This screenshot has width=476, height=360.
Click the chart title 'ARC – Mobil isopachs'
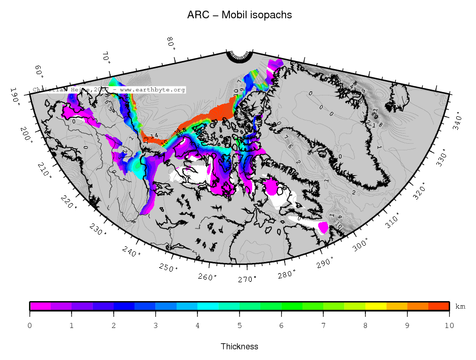(x=240, y=15)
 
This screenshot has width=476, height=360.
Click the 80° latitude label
(x=171, y=44)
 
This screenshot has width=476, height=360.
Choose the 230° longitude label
(x=98, y=230)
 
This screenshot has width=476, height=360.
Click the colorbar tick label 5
(x=240, y=325)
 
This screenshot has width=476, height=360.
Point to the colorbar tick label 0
(x=30, y=325)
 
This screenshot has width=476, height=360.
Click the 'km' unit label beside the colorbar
(x=460, y=306)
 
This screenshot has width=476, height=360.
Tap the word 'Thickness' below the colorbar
(x=240, y=347)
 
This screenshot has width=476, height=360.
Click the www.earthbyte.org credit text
(x=153, y=90)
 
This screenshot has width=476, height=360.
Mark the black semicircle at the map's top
(x=240, y=56)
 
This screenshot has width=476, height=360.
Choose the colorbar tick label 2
(x=114, y=325)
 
